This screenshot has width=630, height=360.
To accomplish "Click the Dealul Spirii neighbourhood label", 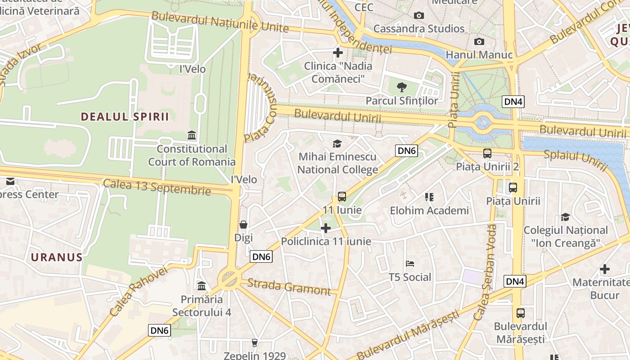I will pos(125,117).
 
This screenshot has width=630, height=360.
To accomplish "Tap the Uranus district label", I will pos(57,257).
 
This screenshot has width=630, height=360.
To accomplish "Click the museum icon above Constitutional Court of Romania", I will pos(192,135).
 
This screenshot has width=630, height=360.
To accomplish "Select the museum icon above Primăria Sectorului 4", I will pos(202,286).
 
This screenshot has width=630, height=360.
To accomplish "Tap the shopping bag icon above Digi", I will pos(243,224).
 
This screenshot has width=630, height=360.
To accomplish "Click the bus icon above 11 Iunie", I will pos(342,197).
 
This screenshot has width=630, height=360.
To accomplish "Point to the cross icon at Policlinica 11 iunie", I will pos(326,228).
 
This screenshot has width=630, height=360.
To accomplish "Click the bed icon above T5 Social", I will pos(410,264).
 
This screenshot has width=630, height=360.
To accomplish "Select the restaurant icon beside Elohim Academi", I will pos(429,197).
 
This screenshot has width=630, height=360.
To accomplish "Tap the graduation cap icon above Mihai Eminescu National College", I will pos(337,144).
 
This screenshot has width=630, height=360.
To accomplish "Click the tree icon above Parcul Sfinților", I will pos(402,87).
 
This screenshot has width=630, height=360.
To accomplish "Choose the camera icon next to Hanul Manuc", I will pos(479,42).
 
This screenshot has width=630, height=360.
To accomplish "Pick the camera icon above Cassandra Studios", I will pos(419,16).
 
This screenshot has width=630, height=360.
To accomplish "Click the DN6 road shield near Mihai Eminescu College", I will pos(406,151).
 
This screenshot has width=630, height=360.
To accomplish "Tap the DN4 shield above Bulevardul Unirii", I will pos(513,101).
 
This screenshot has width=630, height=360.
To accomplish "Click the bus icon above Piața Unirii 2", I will pos(487,153).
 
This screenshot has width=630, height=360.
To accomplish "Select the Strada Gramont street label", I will pos(289,287).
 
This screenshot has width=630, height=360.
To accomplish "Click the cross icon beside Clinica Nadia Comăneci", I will pos(337,53).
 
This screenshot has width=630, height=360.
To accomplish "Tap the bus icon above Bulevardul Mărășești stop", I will pos(521,313).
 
